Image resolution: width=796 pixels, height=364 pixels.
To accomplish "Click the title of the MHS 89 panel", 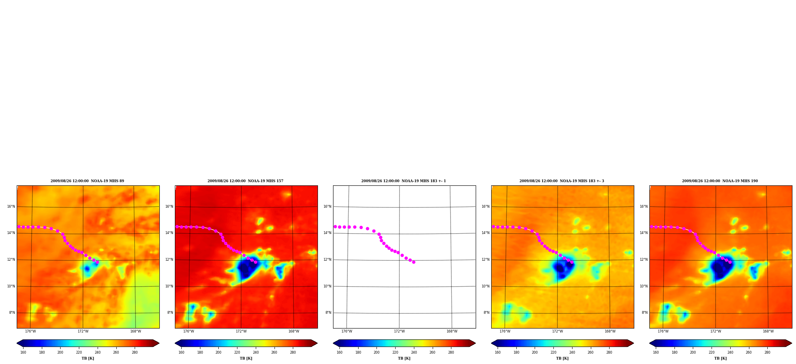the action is click(x=87, y=181).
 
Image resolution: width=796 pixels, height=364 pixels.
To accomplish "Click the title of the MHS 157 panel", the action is click(x=245, y=181).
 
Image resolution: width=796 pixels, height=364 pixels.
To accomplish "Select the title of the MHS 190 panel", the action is click(x=720, y=181).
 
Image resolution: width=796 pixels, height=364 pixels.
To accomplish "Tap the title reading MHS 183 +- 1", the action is click(x=404, y=181).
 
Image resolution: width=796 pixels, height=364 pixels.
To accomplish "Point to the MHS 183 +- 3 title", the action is click(x=562, y=181).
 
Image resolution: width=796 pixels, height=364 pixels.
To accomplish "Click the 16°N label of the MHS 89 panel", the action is click(x=11, y=207).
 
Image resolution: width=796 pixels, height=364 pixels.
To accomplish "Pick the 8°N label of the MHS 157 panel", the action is click(x=170, y=313).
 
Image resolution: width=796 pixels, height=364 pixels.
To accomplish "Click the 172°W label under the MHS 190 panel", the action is click(x=716, y=331).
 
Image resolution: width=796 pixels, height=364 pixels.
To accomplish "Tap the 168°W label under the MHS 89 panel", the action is click(x=135, y=331).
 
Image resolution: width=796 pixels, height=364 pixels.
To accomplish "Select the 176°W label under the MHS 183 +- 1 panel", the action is click(x=347, y=331).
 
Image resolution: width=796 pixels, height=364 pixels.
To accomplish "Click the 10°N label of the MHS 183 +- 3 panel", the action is click(x=485, y=286).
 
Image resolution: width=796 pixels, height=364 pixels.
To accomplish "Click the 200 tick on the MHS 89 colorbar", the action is click(x=60, y=352).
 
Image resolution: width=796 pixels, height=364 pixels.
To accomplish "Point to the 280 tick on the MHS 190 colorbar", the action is click(x=767, y=352).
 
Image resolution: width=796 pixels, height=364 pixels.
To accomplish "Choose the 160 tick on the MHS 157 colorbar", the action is click(x=181, y=352).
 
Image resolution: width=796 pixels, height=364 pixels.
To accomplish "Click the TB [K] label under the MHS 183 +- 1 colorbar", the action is click(x=404, y=358).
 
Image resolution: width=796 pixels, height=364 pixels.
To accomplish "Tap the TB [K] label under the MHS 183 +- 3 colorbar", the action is click(x=562, y=358).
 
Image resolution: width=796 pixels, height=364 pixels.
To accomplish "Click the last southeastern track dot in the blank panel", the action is click(x=414, y=262).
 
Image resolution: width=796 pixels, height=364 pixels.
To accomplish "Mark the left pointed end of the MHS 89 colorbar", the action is click(x=17, y=343).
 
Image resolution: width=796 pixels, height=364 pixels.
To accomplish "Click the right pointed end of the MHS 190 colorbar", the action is click(x=792, y=343).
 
